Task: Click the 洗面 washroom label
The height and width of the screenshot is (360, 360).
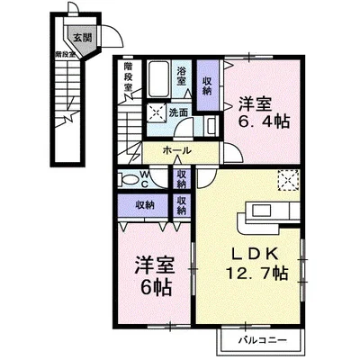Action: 177,112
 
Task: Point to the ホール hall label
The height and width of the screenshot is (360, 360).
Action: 176,152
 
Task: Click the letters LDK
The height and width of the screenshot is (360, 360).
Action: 256,253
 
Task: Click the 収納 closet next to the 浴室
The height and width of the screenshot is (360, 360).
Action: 207,82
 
